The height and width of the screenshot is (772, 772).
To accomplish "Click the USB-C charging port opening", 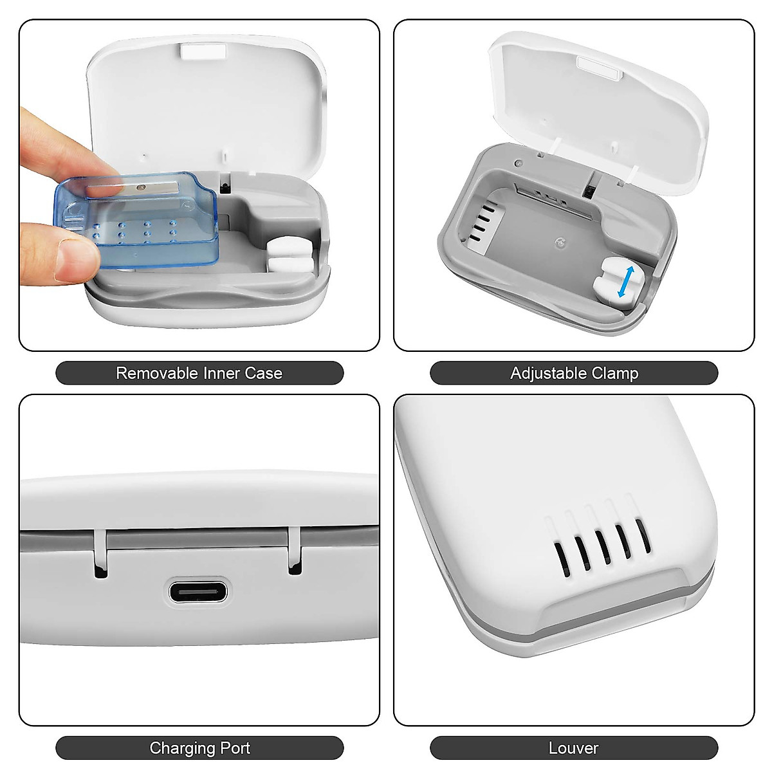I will (198, 591).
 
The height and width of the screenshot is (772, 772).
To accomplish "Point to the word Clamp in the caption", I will (616, 373).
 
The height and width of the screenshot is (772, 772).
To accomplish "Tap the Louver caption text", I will (573, 748).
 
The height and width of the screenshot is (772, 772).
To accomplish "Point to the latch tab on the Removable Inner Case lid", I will (203, 51).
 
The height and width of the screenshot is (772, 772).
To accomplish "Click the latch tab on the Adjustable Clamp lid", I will (599, 67).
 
